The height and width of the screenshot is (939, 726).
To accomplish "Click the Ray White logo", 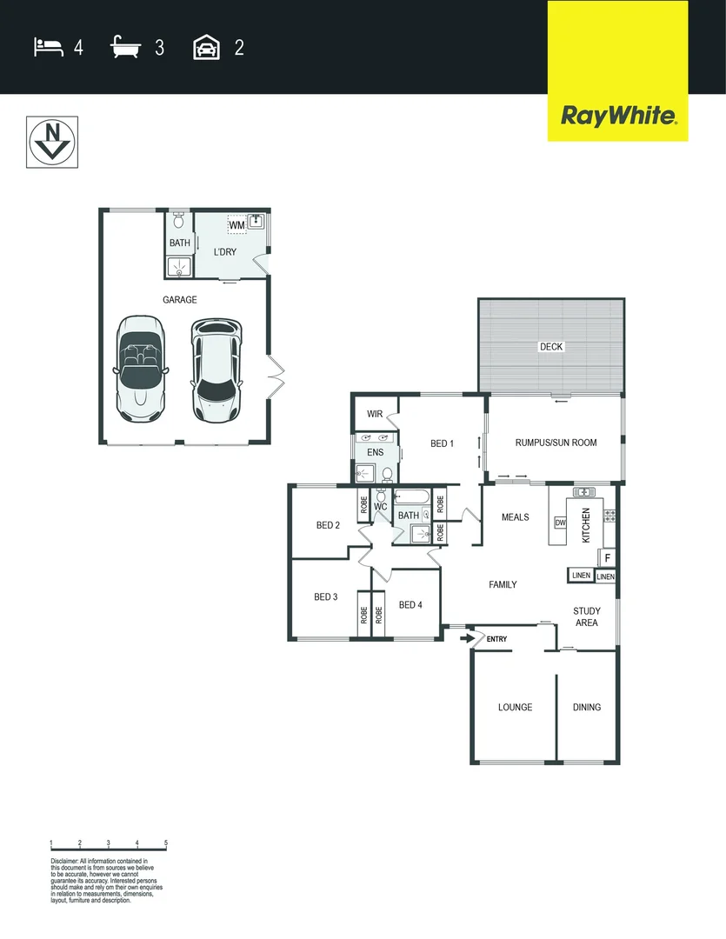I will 617,116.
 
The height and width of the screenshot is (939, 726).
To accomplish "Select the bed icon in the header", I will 48,47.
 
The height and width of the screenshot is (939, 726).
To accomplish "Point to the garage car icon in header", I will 206,47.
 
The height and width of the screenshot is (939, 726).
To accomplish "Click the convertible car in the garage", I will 139,367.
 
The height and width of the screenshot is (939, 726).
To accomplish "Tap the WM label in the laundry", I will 236,226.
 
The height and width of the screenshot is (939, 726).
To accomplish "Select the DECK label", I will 551,347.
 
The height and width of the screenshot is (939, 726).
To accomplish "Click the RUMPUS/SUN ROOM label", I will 557,443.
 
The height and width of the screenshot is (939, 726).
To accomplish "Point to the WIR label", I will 375,414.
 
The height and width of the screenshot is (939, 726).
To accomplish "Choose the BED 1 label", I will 442,443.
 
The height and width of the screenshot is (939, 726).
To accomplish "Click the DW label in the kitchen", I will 560,523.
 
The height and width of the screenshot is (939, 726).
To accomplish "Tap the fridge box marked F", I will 608,557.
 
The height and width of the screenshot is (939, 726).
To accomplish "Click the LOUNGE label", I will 515,707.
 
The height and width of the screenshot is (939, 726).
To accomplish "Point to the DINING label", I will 587,707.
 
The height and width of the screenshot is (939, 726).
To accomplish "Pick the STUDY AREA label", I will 587,616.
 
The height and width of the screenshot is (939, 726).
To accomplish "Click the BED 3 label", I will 326,596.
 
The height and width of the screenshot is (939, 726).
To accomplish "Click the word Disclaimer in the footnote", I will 65,861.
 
